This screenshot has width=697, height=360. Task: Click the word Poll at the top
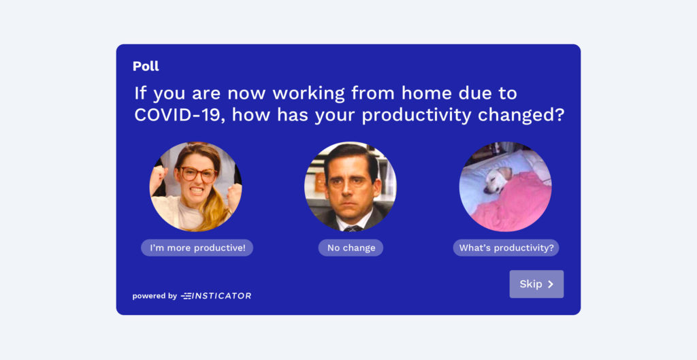[146, 66]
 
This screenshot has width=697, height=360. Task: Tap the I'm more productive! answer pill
[197, 248]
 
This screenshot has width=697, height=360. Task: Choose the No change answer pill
[351, 248]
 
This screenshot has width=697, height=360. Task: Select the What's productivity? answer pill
[506, 248]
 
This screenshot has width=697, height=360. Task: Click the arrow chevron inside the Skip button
[550, 284]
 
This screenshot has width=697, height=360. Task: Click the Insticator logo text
[216, 295]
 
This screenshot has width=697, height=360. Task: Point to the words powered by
[155, 296]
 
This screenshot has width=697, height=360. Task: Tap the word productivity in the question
[417, 116]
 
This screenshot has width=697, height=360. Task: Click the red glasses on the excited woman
[198, 174]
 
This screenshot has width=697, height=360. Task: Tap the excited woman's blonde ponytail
[214, 209]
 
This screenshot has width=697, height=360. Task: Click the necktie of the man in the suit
[354, 229]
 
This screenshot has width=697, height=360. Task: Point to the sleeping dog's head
[497, 180]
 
